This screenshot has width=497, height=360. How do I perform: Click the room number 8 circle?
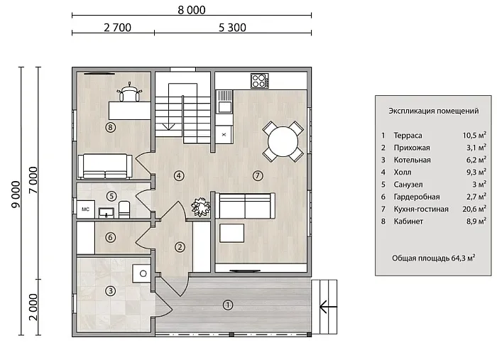click(x=110, y=127)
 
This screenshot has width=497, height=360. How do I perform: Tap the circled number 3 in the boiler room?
click(x=110, y=291)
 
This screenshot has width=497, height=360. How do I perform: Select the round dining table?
click(x=283, y=141)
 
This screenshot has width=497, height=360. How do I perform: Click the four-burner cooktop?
click(x=260, y=80)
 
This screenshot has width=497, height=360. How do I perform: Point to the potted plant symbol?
click(x=200, y=207)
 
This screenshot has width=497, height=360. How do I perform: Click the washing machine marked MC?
click(x=86, y=209)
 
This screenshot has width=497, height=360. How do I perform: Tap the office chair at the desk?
click(x=129, y=92)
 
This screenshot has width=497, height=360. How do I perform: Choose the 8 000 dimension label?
click(x=192, y=10)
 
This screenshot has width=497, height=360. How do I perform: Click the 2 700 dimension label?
click(x=117, y=28)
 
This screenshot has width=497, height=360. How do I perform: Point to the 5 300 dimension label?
click(x=232, y=28)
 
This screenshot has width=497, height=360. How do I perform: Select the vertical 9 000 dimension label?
click(x=16, y=195)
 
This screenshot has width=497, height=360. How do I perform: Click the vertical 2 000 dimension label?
click(x=33, y=307)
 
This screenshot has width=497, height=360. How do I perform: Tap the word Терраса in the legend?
click(x=408, y=136)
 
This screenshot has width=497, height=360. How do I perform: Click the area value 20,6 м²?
click(x=474, y=209)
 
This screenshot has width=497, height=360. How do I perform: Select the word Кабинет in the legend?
click(x=408, y=222)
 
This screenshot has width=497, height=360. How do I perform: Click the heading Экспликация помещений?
click(x=434, y=111)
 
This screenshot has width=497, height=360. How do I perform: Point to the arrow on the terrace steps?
click(x=328, y=307)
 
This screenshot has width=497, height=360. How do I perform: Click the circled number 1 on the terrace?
click(x=228, y=305)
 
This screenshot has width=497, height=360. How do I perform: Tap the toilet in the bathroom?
click(x=124, y=209)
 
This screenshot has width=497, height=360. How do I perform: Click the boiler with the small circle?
click(x=141, y=273)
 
